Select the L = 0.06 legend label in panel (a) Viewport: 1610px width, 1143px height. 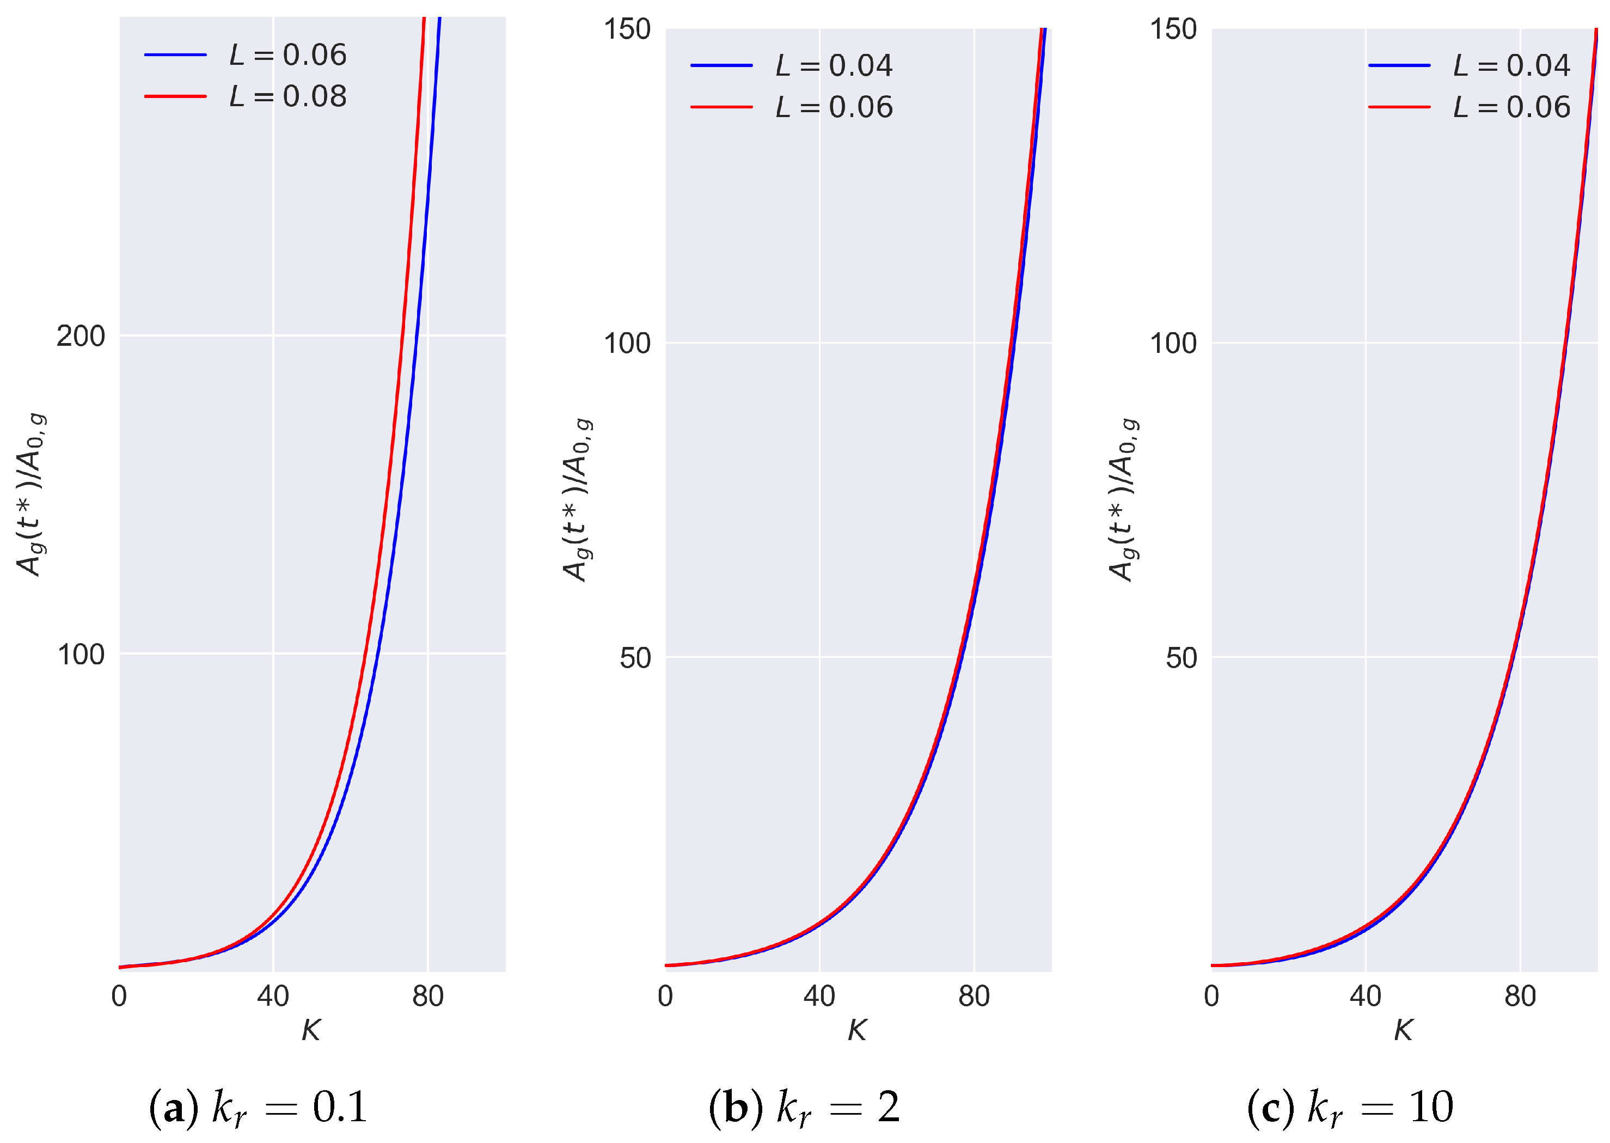coord(288,55)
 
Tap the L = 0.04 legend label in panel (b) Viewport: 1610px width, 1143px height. coord(834,65)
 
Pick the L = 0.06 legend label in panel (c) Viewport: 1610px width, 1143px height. coord(1511,107)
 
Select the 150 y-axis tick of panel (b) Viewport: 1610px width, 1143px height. coord(627,29)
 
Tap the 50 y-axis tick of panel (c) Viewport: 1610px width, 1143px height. coord(1182,658)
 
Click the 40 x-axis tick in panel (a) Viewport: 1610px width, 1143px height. coord(273,997)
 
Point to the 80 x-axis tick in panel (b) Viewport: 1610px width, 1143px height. coord(974,997)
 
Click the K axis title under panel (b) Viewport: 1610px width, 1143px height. coord(857,1030)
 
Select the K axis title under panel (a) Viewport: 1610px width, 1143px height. coord(311,1030)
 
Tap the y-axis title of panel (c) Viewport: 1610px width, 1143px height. coord(1123,500)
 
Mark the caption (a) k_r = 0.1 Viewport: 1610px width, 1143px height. coord(258,1107)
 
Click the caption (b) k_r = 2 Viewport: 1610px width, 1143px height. coord(804,1107)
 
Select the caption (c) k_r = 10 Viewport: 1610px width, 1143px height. coord(1350,1107)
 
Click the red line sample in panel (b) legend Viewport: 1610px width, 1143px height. coord(722,107)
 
